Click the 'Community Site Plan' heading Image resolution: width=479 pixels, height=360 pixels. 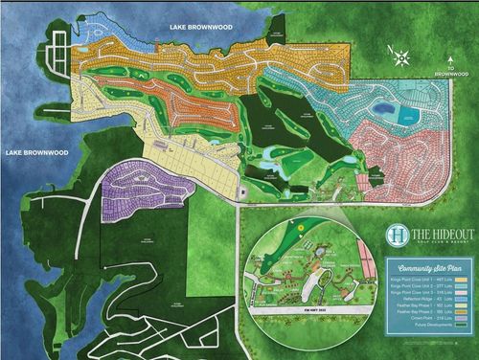point(423,269)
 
